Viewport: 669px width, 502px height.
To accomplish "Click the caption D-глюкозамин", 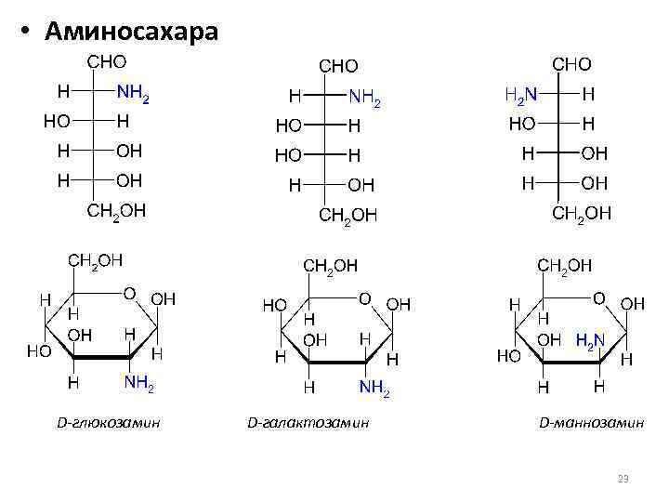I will click(x=109, y=423).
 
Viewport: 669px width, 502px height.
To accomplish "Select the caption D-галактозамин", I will click(x=308, y=423).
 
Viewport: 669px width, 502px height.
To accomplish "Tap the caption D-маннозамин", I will click(x=592, y=423).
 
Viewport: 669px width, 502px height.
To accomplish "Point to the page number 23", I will click(x=623, y=479).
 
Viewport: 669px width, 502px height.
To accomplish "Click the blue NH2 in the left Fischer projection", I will click(x=133, y=94).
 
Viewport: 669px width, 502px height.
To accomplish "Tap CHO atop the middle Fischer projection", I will click(x=339, y=66).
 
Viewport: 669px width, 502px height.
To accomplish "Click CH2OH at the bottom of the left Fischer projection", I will click(x=116, y=211).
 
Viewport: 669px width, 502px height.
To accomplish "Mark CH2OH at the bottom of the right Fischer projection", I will click(x=582, y=213).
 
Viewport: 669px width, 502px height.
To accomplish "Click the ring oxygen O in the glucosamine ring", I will click(x=130, y=294).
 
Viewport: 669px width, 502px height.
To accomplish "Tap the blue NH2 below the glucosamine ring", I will click(x=139, y=382).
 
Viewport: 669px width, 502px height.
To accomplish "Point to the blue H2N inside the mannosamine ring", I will click(x=591, y=340).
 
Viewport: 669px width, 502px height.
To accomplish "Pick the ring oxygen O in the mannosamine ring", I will click(x=599, y=297).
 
